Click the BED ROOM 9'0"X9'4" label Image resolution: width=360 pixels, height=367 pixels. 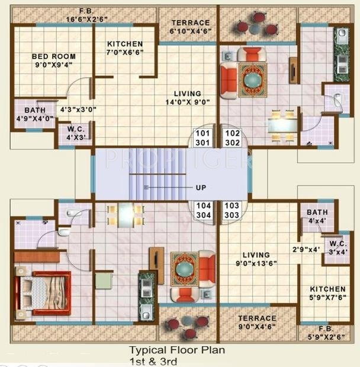(x=53, y=61)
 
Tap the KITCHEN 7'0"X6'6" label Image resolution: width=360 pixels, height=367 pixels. (x=124, y=48)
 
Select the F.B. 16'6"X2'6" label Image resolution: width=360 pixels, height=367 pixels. (x=91, y=15)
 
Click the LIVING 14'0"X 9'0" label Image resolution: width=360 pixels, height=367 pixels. (x=187, y=98)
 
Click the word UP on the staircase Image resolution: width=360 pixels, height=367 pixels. (x=201, y=187)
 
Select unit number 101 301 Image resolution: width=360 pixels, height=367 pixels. (x=203, y=138)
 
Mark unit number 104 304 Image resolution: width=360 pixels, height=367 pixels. (x=203, y=210)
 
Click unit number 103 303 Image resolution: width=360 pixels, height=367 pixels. (x=232, y=210)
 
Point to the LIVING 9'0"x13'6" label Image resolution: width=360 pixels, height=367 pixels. (x=256, y=259)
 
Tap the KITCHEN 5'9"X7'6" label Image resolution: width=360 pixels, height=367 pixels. (x=327, y=293)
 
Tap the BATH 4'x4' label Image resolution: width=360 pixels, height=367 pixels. (x=317, y=216)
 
